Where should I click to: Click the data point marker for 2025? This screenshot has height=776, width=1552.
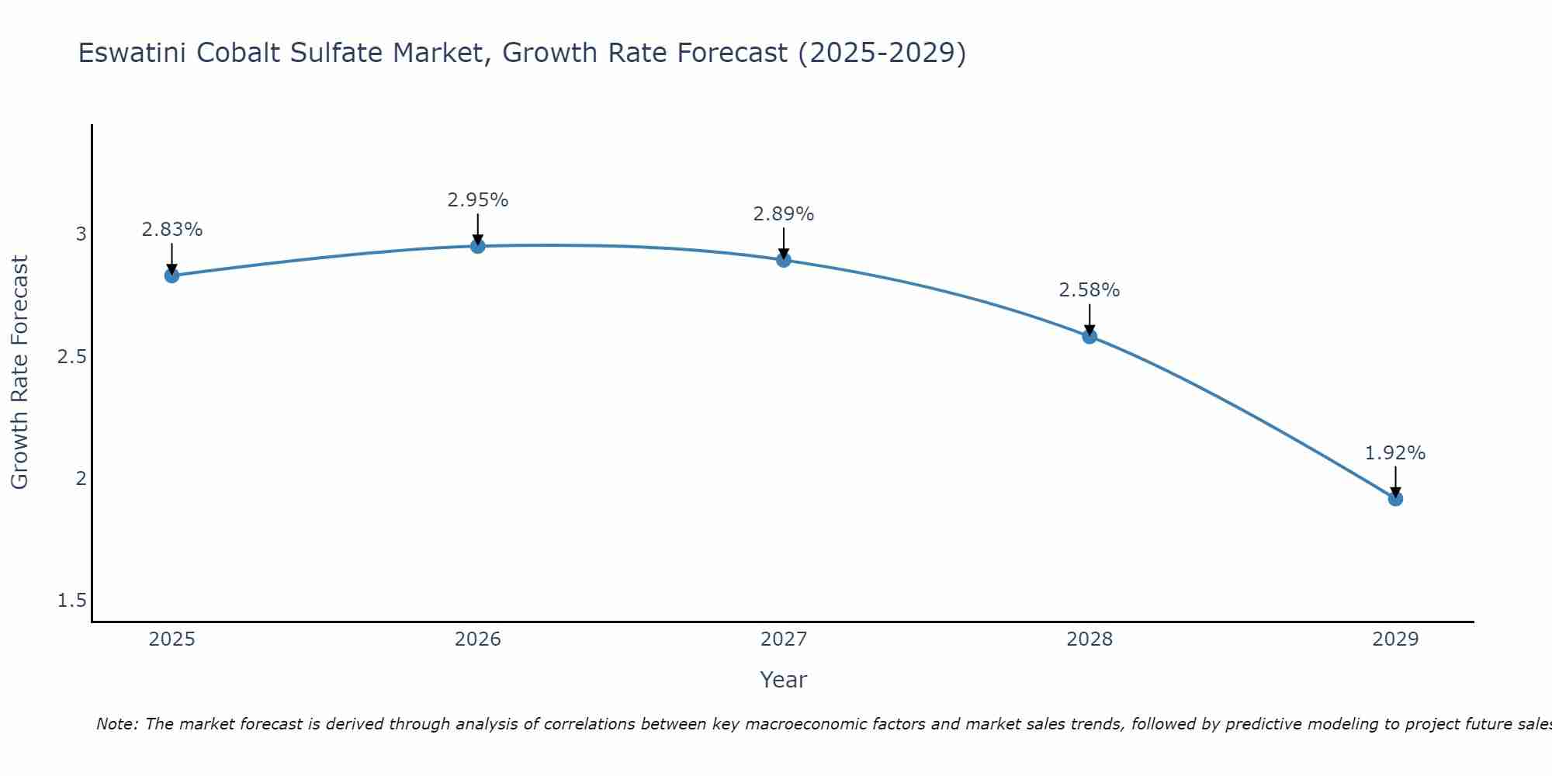pos(172,275)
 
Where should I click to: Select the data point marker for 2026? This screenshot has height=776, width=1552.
pos(478,246)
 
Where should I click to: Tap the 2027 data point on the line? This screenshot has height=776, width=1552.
pos(784,260)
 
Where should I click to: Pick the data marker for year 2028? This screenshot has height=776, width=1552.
pos(1090,336)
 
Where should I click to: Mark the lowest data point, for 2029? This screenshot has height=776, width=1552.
pos(1395,498)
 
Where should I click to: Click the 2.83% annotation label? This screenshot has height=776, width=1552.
pos(172,230)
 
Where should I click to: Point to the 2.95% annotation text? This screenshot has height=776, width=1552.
pos(478,200)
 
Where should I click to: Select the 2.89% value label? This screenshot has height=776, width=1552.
pos(784,214)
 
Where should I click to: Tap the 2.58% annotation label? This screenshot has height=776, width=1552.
pos(1090,290)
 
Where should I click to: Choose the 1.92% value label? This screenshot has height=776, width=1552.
pos(1395,453)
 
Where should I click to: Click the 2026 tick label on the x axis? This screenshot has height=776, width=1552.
pos(478,639)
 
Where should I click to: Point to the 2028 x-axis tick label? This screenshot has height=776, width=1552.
pos(1090,639)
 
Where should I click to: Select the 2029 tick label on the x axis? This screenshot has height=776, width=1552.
pos(1395,639)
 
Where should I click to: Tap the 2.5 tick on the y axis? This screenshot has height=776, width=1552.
pos(72,357)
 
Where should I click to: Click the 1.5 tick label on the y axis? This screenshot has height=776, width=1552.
pos(72,601)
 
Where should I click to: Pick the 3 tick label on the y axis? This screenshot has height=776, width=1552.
pos(81,234)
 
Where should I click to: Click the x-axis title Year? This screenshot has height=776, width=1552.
pos(784,680)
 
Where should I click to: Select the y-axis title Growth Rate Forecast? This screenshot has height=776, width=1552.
pos(20,372)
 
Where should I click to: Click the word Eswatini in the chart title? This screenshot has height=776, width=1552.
pos(132,53)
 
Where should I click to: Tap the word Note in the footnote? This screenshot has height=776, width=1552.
pos(116,724)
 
